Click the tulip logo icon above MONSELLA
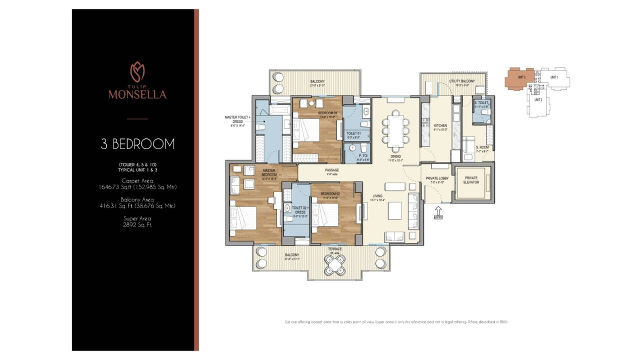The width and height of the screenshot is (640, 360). [x=137, y=72]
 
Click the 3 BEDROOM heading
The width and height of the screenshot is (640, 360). [x=137, y=144]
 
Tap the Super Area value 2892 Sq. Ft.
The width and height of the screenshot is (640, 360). [x=137, y=224]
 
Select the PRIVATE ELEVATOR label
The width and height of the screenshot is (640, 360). [x=471, y=180]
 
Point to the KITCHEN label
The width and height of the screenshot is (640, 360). [x=440, y=126]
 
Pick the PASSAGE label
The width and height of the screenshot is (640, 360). [x=332, y=170]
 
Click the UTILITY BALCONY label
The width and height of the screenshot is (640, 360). [x=461, y=81]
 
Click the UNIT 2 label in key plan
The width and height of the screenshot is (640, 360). [x=538, y=99]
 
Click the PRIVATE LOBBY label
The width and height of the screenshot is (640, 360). [x=437, y=178]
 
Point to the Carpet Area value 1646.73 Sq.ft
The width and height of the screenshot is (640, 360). [x=137, y=187]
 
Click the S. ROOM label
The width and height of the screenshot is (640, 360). [x=482, y=147]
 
